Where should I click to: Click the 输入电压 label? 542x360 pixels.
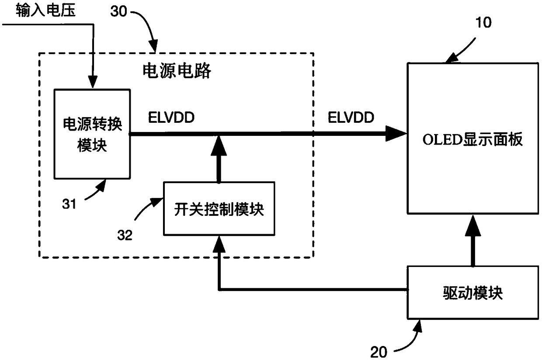point(45,10)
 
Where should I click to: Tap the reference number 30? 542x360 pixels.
point(118,11)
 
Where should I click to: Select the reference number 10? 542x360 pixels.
point(483,22)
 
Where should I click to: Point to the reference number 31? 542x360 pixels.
point(69,204)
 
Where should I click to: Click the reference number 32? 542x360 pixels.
point(125,235)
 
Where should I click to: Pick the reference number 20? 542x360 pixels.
point(379,352)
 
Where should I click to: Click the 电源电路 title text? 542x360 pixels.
point(177,71)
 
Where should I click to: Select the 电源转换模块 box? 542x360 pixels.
point(92,134)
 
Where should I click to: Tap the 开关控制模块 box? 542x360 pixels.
point(219,208)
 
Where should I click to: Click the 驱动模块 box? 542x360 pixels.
point(473,293)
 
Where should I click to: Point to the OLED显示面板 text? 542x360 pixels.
point(473,139)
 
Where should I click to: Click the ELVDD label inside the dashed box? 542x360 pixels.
point(171,118)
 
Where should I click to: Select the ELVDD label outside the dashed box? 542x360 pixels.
point(351,118)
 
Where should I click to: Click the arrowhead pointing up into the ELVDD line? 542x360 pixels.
point(219,145)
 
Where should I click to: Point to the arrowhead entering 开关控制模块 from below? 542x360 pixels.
point(219,244)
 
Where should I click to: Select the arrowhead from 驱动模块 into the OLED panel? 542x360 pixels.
point(473,225)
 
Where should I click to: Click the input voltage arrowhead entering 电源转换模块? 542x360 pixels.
point(92,82)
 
